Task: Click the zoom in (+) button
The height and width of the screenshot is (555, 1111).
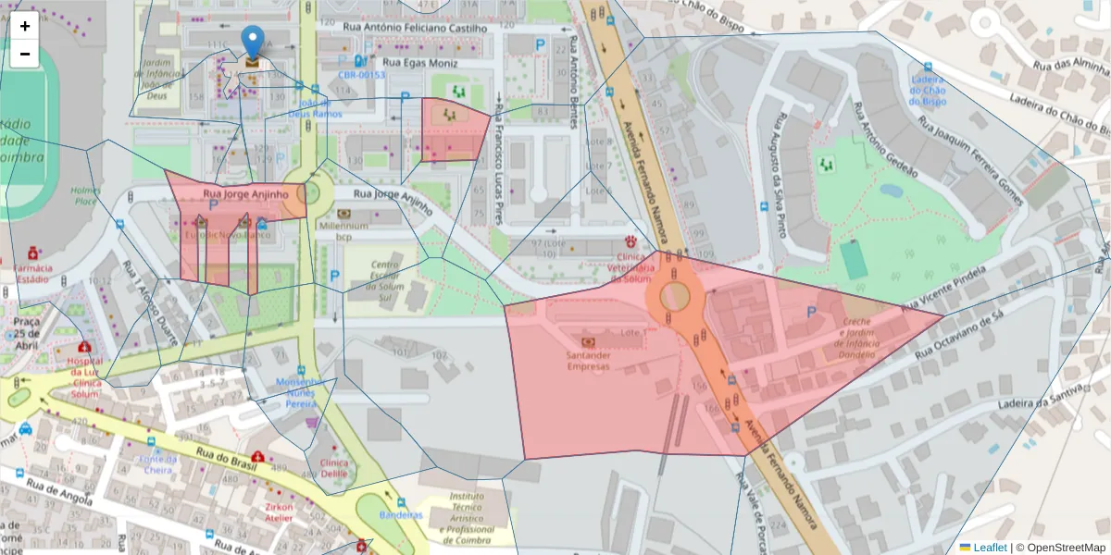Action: [25, 26]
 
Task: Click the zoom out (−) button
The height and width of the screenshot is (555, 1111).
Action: [25, 54]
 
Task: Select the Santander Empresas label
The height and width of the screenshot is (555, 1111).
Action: [588, 360]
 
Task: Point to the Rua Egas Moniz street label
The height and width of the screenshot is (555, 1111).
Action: [419, 62]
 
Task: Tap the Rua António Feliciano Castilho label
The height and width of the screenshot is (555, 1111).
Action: [414, 28]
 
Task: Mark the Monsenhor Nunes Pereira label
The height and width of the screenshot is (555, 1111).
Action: [301, 392]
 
